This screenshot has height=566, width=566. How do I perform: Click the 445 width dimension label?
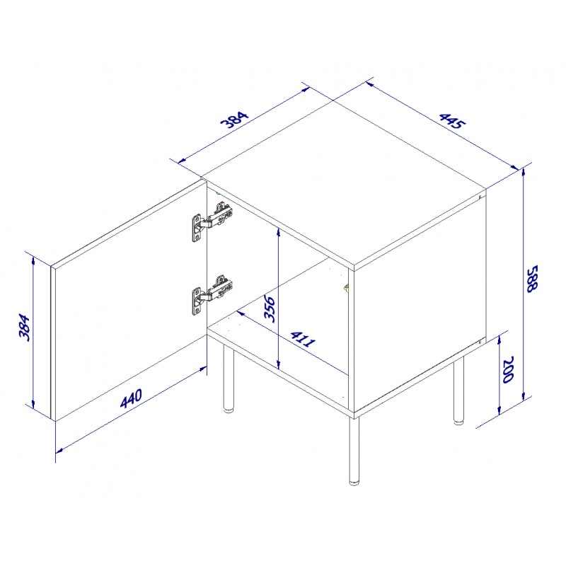(452, 121)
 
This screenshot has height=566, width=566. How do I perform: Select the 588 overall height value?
(532, 279)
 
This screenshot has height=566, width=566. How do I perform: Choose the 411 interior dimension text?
(303, 339)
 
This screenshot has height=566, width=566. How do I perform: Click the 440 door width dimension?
(131, 398)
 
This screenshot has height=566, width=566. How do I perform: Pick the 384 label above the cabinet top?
(235, 120)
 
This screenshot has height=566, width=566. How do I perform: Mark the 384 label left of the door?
(24, 328)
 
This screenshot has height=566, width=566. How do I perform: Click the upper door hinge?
(212, 221)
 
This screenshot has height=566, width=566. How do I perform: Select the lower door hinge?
(212, 294)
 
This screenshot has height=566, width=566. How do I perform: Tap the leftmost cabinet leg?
(228, 378)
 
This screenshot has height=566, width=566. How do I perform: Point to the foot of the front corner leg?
(354, 482)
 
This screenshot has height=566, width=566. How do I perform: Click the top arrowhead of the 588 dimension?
(524, 173)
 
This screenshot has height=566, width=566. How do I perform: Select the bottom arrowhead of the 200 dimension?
(499, 409)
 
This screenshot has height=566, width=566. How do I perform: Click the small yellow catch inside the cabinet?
(346, 289)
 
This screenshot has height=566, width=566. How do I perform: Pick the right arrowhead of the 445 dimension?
(515, 167)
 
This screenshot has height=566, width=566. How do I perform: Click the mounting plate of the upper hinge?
(197, 228)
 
